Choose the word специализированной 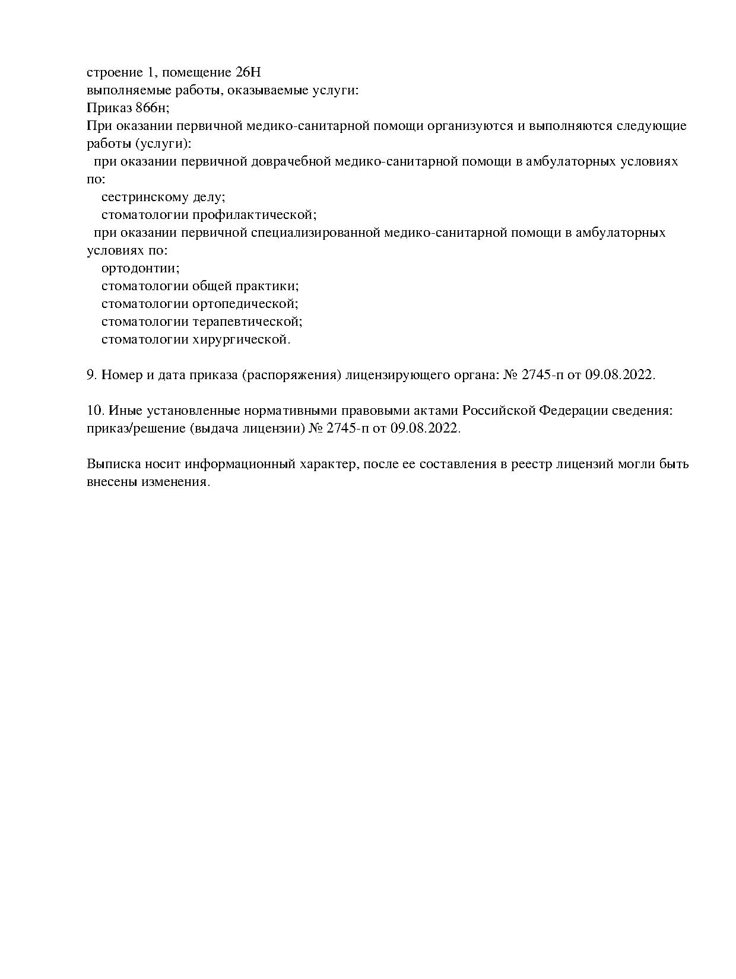[x=315, y=233]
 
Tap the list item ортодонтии [x=140, y=268]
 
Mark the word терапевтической [x=248, y=322]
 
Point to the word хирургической [x=242, y=340]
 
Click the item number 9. [x=92, y=375]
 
